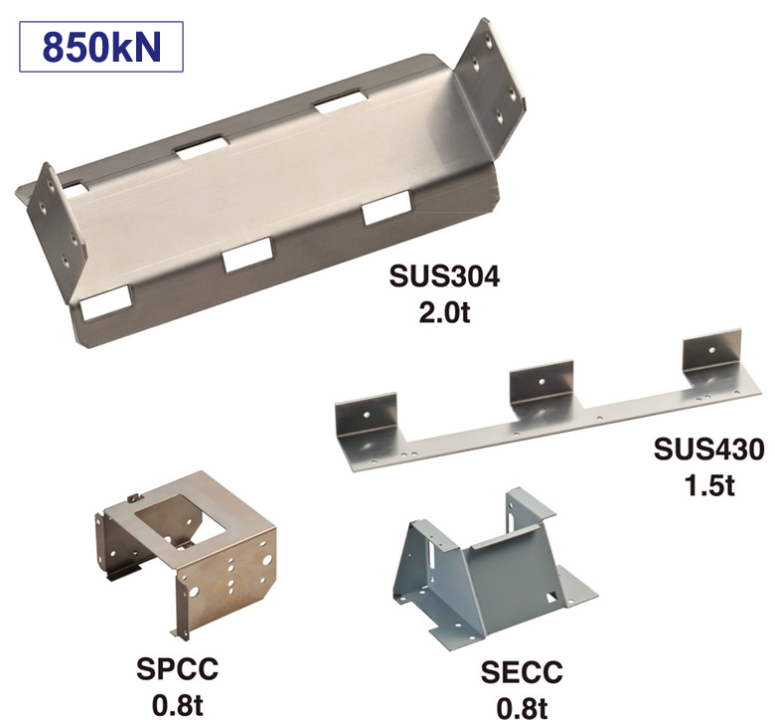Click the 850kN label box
pyautogui.click(x=100, y=47)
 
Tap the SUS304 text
pyautogui.click(x=444, y=276)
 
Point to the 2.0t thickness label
pyautogui.click(x=444, y=311)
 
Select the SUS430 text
pyautogui.click(x=708, y=450)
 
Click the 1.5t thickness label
pyautogui.click(x=709, y=485)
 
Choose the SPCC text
pyautogui.click(x=178, y=669)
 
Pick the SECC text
pyautogui.click(x=522, y=672)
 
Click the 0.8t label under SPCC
pyautogui.click(x=178, y=705)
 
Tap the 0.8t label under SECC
pyautogui.click(x=522, y=708)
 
